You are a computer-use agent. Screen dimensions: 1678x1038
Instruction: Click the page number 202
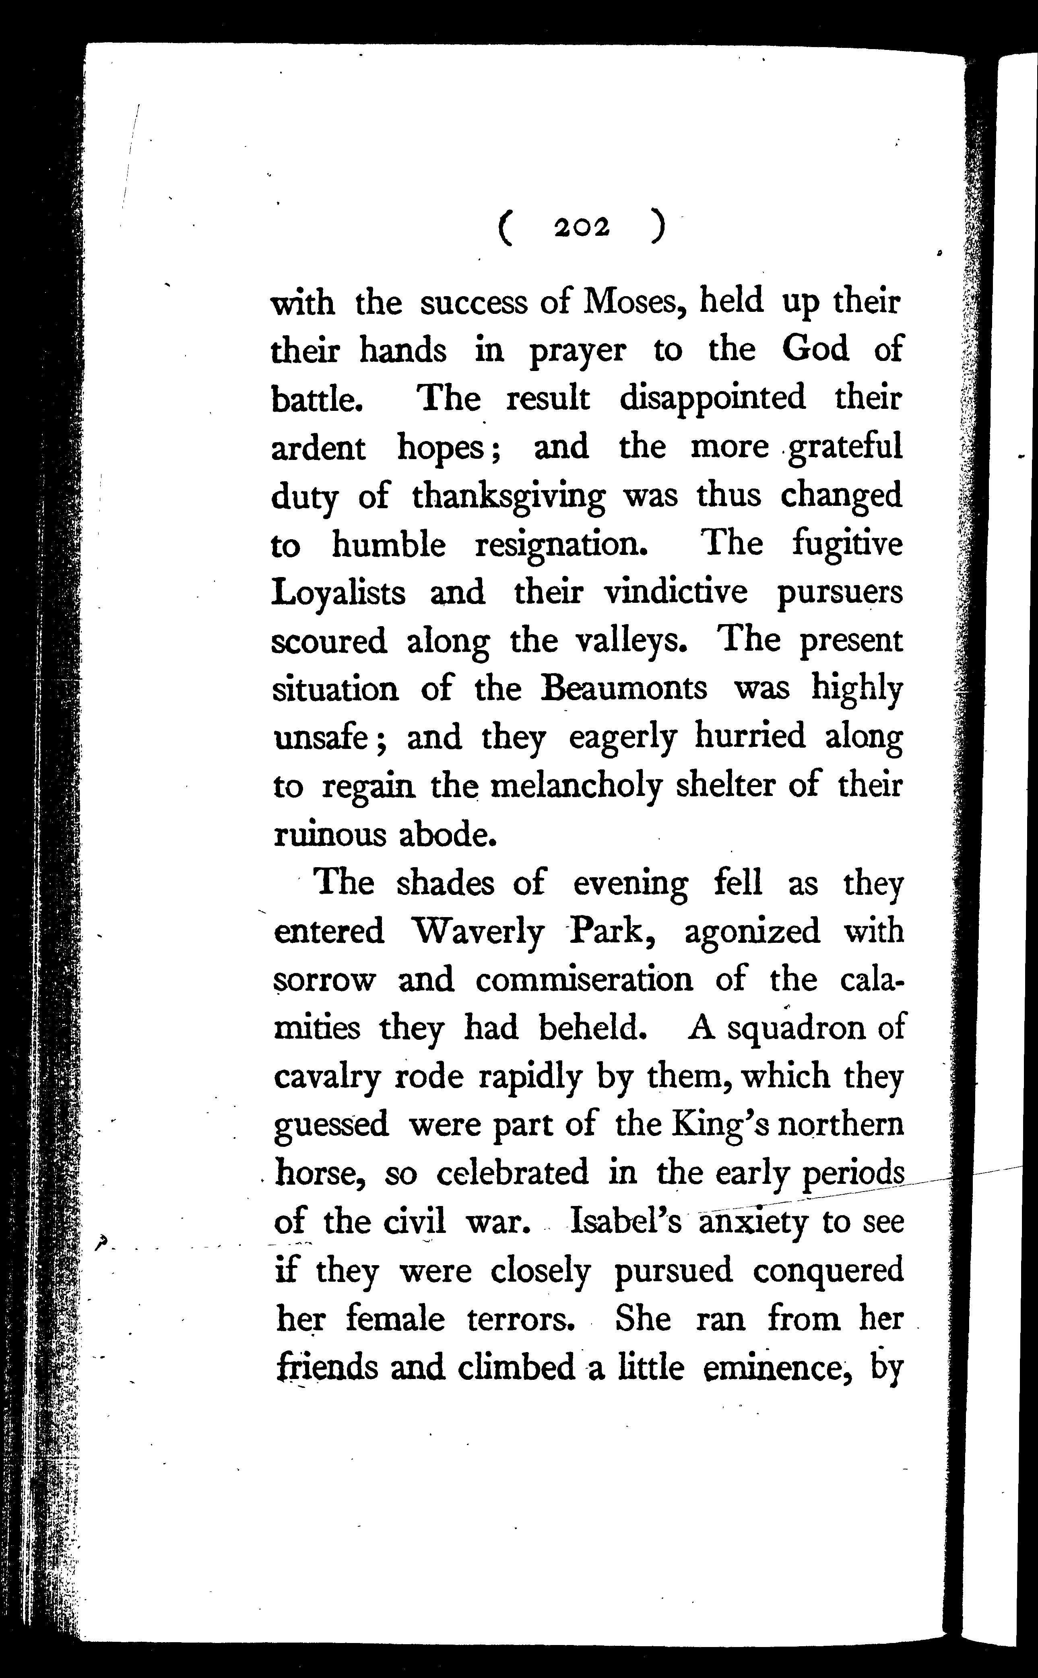[582, 228]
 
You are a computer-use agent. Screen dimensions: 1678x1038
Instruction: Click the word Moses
[633, 302]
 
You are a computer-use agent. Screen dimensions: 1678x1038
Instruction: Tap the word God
[815, 350]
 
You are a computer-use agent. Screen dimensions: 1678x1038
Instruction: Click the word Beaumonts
[624, 689]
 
